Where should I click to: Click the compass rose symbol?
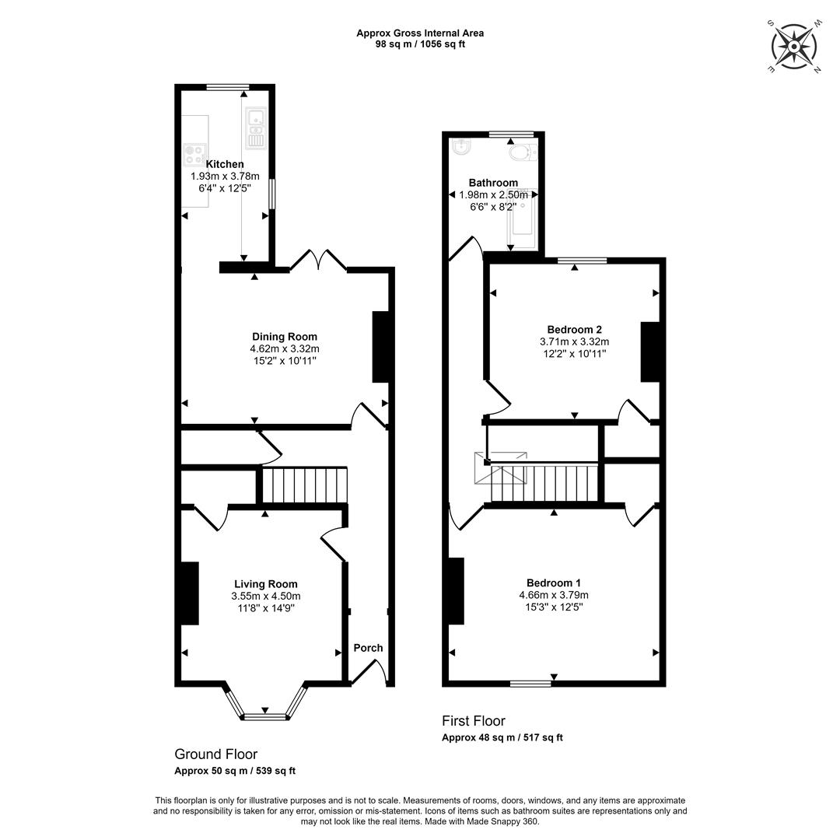(x=794, y=47)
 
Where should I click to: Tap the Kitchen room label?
(x=225, y=164)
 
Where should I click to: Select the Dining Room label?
(x=285, y=337)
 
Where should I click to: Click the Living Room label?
(x=266, y=584)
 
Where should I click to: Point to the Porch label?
(x=368, y=648)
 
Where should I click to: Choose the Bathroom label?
(x=493, y=183)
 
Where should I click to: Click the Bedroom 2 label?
(x=574, y=330)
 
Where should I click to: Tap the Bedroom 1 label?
(x=554, y=583)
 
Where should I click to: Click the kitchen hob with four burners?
(x=194, y=154)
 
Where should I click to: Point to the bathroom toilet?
(x=523, y=153)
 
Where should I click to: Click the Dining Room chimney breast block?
(x=380, y=347)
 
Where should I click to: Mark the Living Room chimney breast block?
(x=190, y=593)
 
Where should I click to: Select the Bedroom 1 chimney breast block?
(x=457, y=591)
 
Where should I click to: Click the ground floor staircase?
(x=305, y=485)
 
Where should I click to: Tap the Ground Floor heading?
(x=216, y=754)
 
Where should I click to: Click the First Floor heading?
(x=474, y=721)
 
